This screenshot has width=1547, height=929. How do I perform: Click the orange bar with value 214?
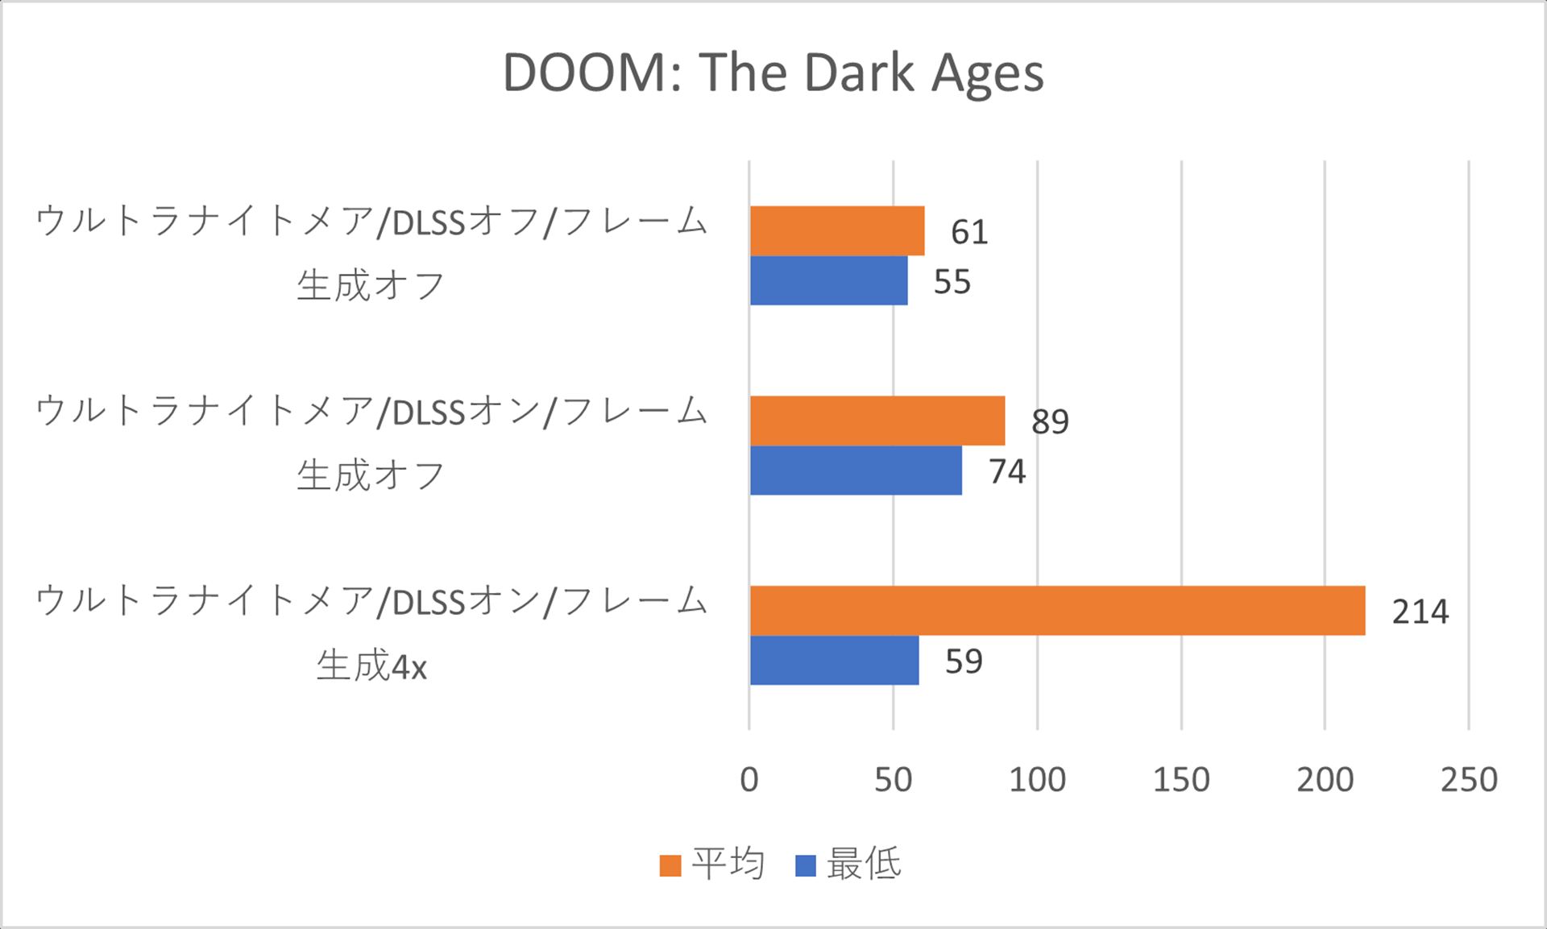pos(1057,611)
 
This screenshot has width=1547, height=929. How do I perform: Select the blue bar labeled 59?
pos(834,661)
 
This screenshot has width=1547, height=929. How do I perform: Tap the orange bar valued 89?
pos(877,421)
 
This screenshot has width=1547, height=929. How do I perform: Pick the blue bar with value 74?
pos(856,471)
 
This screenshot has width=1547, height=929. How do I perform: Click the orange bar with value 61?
pos(837,231)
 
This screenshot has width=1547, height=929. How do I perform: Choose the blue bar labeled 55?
pos(828,281)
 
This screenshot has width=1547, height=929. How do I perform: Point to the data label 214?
pos(1420,612)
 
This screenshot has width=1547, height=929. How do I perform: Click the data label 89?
pos(1050,422)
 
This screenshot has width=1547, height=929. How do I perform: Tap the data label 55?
pos(952,283)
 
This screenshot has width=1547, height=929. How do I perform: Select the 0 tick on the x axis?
pos(749,780)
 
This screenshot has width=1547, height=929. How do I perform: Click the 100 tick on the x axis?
pos(1037,780)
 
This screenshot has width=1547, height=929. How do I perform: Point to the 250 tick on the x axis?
pos(1468,780)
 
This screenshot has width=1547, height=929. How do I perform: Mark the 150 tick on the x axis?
pos(1180,780)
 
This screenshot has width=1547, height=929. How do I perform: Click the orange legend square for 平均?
pos(670,866)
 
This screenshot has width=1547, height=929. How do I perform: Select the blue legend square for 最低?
pos(805,866)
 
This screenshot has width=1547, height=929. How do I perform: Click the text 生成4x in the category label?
pos(371,666)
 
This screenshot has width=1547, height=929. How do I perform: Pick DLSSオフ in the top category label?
pos(465,222)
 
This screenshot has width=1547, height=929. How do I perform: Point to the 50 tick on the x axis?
pos(893,780)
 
